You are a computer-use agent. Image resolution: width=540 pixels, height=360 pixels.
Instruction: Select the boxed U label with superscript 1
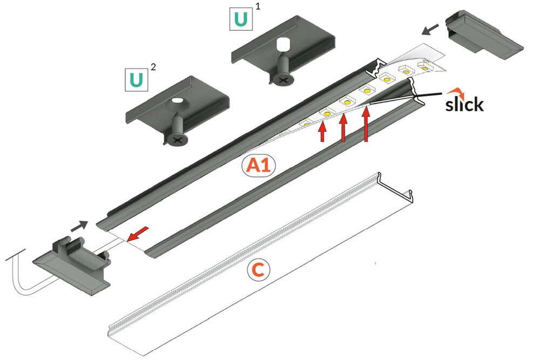point(241,19)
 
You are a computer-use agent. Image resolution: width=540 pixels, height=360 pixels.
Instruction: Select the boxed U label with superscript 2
point(137,79)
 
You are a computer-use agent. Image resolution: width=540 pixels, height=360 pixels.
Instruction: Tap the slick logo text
point(464,104)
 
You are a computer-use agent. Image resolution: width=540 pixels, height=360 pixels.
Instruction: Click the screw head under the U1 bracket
point(283,79)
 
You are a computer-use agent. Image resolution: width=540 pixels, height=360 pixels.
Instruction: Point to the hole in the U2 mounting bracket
point(177,101)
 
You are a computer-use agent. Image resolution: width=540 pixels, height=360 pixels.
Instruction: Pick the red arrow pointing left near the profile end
point(138,234)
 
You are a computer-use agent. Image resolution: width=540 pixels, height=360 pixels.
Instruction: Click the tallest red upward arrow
point(366,124)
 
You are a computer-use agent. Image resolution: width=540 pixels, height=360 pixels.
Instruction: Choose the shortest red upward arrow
point(322,133)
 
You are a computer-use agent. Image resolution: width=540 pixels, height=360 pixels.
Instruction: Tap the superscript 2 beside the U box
point(153,67)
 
